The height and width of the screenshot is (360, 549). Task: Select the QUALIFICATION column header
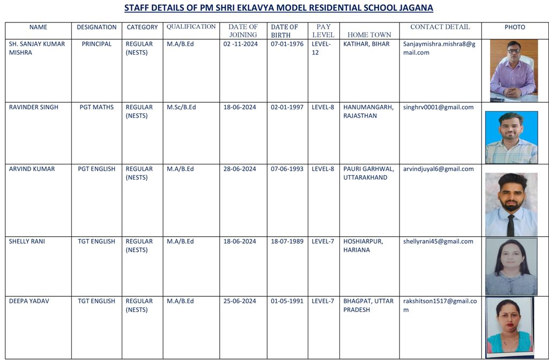(191, 27)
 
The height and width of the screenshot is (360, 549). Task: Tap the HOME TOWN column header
(369, 35)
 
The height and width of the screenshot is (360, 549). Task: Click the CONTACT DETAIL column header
(440, 27)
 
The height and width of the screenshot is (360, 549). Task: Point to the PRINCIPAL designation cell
(97, 44)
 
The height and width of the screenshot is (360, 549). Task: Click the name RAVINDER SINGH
(34, 107)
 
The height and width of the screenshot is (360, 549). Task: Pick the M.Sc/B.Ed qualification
(181, 107)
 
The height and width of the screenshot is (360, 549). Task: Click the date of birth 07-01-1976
(287, 44)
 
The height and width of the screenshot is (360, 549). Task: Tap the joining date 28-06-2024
(240, 169)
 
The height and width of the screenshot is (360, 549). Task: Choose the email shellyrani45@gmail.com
(438, 242)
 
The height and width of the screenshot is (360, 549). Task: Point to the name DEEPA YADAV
(29, 301)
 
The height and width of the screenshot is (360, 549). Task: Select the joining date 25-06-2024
(240, 301)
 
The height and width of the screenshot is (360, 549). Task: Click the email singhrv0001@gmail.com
(438, 107)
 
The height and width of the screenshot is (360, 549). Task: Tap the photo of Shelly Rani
(511, 267)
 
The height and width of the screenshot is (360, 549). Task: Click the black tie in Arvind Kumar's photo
(510, 225)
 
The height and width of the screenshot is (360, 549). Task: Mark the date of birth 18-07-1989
(287, 242)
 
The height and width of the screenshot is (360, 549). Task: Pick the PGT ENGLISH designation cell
(97, 169)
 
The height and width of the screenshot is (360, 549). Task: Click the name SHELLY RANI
(27, 242)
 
